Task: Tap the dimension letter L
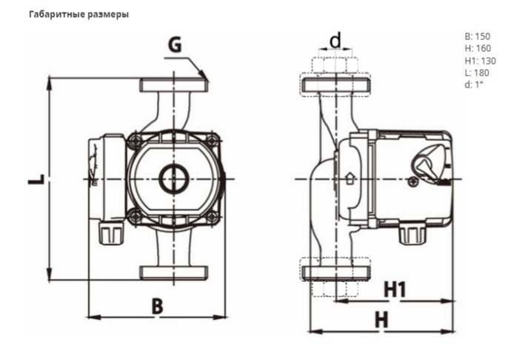tap(37, 180)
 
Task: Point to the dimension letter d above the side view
tap(336, 40)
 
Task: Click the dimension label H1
tap(396, 290)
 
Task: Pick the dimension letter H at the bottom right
tap(381, 319)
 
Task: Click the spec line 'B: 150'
tap(477, 36)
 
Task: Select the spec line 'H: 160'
tap(477, 48)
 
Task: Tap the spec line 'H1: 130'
tap(479, 60)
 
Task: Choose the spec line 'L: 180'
tap(476, 73)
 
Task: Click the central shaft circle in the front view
tap(173, 179)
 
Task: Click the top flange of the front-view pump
tap(174, 85)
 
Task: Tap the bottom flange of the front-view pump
tap(174, 271)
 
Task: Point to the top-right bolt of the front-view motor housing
tap(213, 139)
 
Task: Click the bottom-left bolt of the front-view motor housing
tap(135, 217)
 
